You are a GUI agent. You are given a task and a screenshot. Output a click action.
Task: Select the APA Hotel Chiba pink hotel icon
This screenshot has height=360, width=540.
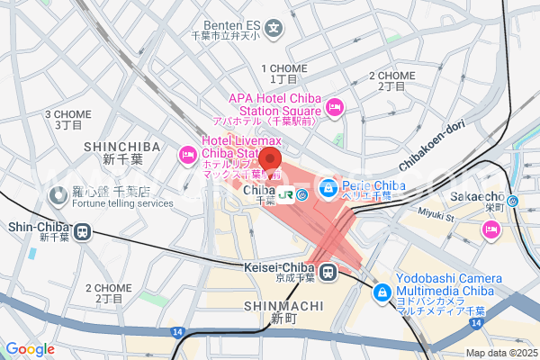click(335, 107)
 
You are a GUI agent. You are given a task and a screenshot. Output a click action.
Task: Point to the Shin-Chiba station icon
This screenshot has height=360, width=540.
click(82, 231)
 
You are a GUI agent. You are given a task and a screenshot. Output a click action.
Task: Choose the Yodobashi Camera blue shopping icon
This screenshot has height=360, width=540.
click(382, 292)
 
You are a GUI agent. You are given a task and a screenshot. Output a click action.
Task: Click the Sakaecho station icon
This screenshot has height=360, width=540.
click(511, 202)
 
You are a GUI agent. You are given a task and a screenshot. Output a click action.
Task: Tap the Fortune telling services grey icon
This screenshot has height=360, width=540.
click(57, 192)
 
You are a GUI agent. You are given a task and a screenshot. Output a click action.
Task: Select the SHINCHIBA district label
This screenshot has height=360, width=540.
click(121, 147)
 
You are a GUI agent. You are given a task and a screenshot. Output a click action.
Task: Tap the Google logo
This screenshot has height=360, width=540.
click(30, 349)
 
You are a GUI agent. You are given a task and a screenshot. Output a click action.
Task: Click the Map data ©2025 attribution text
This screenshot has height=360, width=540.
click(499, 354)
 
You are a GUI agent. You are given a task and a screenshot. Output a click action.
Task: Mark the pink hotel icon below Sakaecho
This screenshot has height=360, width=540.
click(491, 229)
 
